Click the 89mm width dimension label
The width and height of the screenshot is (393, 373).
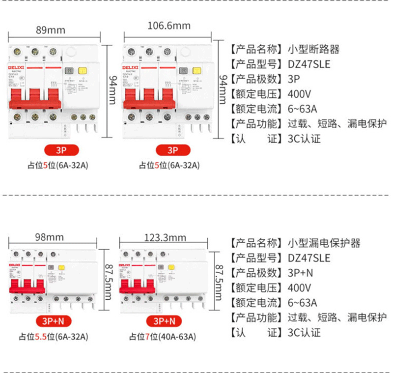[x=51, y=29]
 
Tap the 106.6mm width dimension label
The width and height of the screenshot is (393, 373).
[x=169, y=26]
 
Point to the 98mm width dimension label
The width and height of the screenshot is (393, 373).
[x=50, y=237]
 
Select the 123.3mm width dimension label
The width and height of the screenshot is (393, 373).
[x=165, y=238]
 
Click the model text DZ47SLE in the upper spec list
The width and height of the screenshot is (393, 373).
[x=309, y=64]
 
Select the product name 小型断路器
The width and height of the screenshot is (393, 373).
[x=314, y=49]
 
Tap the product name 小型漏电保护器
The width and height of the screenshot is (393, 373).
[x=324, y=243]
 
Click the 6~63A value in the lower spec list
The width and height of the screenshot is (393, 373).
[x=303, y=302]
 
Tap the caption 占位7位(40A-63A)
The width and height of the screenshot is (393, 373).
[x=162, y=337]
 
